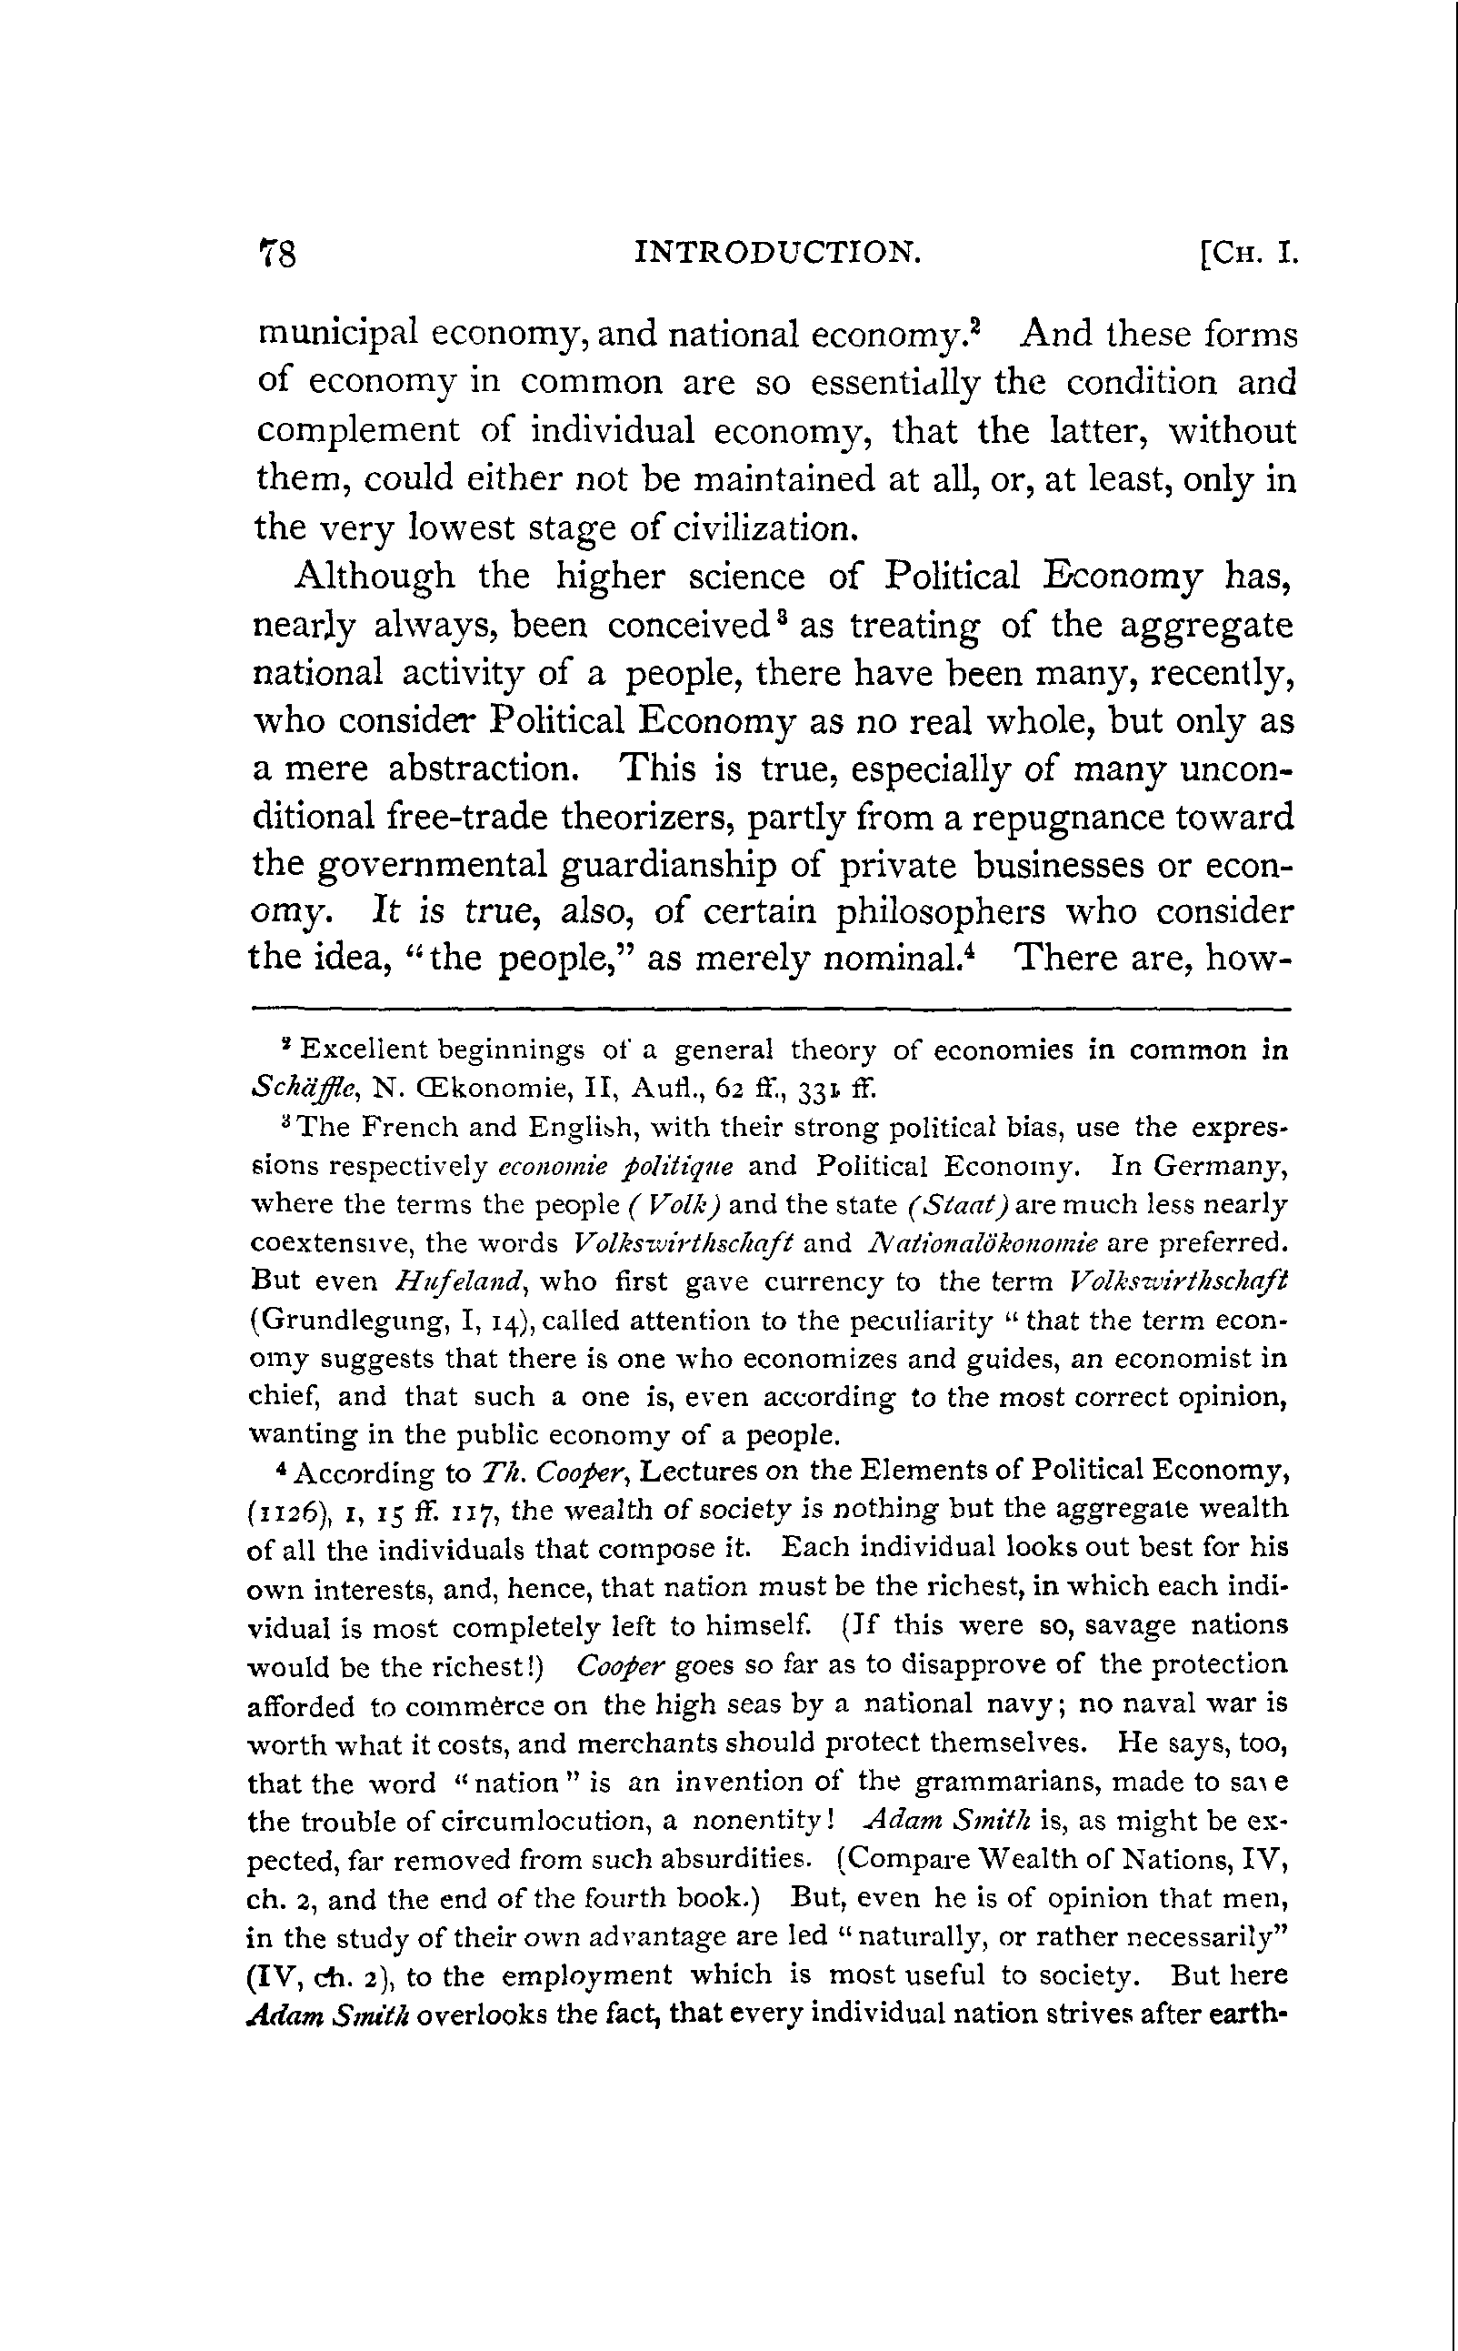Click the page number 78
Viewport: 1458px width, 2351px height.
click(279, 254)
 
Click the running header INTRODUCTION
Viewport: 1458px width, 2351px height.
click(778, 253)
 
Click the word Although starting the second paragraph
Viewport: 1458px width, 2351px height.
click(374, 577)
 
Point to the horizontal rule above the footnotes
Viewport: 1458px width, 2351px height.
click(770, 1010)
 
